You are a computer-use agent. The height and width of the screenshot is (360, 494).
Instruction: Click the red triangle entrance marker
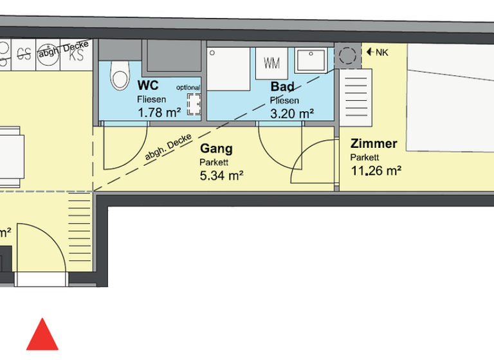(42, 336)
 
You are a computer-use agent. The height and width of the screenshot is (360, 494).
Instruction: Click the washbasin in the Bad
(311, 62)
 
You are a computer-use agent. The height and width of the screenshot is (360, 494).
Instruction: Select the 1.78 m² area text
(158, 113)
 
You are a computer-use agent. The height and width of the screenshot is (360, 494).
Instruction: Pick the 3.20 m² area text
(292, 113)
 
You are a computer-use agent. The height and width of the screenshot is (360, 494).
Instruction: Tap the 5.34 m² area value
(221, 175)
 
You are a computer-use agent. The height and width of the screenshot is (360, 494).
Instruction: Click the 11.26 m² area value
(376, 170)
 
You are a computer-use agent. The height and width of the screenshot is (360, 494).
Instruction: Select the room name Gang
(216, 149)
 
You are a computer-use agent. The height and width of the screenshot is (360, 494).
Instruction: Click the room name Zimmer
(374, 144)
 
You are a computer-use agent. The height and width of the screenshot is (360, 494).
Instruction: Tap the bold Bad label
(282, 87)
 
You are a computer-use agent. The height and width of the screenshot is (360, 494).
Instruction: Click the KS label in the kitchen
(77, 55)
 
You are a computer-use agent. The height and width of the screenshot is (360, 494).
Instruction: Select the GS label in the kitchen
(25, 53)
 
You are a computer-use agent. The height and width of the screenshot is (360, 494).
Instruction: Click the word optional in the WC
(188, 87)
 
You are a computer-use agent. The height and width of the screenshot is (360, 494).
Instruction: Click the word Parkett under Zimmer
(365, 157)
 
